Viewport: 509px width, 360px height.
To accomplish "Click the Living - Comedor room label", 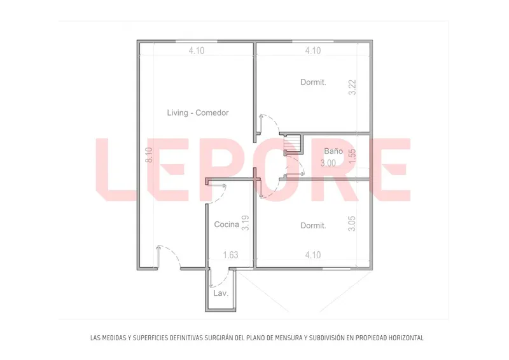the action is pos(198,113).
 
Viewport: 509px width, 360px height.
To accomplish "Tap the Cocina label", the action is pos(227,225).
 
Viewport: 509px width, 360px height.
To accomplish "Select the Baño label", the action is pos(333,151).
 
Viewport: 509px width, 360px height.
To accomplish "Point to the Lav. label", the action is pos(221,293).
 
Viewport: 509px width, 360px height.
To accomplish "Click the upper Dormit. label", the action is pos(313,82).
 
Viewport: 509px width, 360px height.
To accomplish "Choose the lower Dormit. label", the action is pos(313,226).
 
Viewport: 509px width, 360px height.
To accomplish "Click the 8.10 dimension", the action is pos(149,155).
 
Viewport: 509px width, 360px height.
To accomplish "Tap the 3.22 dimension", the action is pos(352,87).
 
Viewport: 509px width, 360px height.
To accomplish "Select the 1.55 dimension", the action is pos(352,156).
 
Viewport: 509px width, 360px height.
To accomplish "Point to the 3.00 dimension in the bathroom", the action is pos(328,163).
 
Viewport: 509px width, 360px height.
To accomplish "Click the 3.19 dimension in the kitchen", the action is pos(246,223).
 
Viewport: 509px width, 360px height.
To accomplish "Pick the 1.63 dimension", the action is pos(231,255).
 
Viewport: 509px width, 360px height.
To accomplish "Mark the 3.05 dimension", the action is pos(352,224).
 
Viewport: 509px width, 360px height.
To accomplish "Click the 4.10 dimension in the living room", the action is pos(197,51).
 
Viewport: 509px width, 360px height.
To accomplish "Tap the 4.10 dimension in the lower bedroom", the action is pos(313,255).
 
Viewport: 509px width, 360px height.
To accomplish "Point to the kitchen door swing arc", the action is pos(221,198).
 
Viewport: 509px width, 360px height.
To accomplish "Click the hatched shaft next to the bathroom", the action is pos(292,143).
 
